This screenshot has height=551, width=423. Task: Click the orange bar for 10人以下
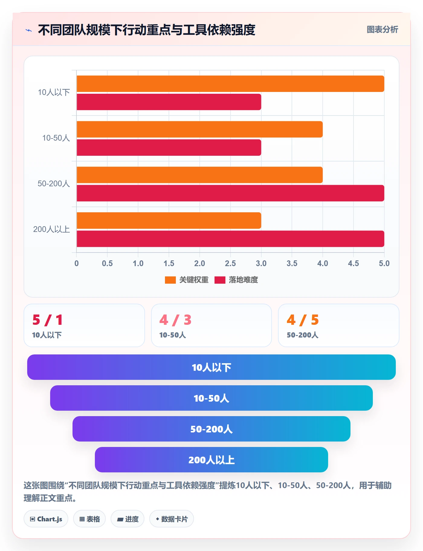click(x=230, y=84)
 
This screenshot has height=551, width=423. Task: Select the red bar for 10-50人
click(x=169, y=148)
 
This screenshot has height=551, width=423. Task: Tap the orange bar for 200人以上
click(x=169, y=220)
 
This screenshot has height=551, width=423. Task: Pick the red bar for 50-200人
click(x=230, y=193)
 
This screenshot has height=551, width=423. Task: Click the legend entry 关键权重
click(x=187, y=280)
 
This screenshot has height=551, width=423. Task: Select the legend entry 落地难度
click(x=236, y=280)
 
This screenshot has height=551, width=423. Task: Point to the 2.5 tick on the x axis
click(x=230, y=263)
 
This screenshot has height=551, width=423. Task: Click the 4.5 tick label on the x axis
click(x=354, y=263)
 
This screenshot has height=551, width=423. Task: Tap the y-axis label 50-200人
click(x=54, y=184)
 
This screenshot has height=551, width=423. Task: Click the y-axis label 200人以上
click(x=52, y=229)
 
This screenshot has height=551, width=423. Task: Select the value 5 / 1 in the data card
click(x=48, y=320)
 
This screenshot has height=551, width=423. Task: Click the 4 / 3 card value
click(x=175, y=320)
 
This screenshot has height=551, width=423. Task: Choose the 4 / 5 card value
click(x=303, y=320)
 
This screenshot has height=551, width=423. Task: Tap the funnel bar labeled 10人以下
click(x=211, y=367)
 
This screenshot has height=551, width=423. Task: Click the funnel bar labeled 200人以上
click(x=211, y=460)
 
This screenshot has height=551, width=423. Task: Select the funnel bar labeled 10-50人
click(x=211, y=398)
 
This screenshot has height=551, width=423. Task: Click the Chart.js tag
click(x=46, y=519)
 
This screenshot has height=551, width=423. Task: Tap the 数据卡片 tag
click(x=172, y=519)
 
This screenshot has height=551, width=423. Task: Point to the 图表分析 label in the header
click(x=382, y=30)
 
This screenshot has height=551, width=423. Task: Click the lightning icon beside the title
click(x=29, y=30)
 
